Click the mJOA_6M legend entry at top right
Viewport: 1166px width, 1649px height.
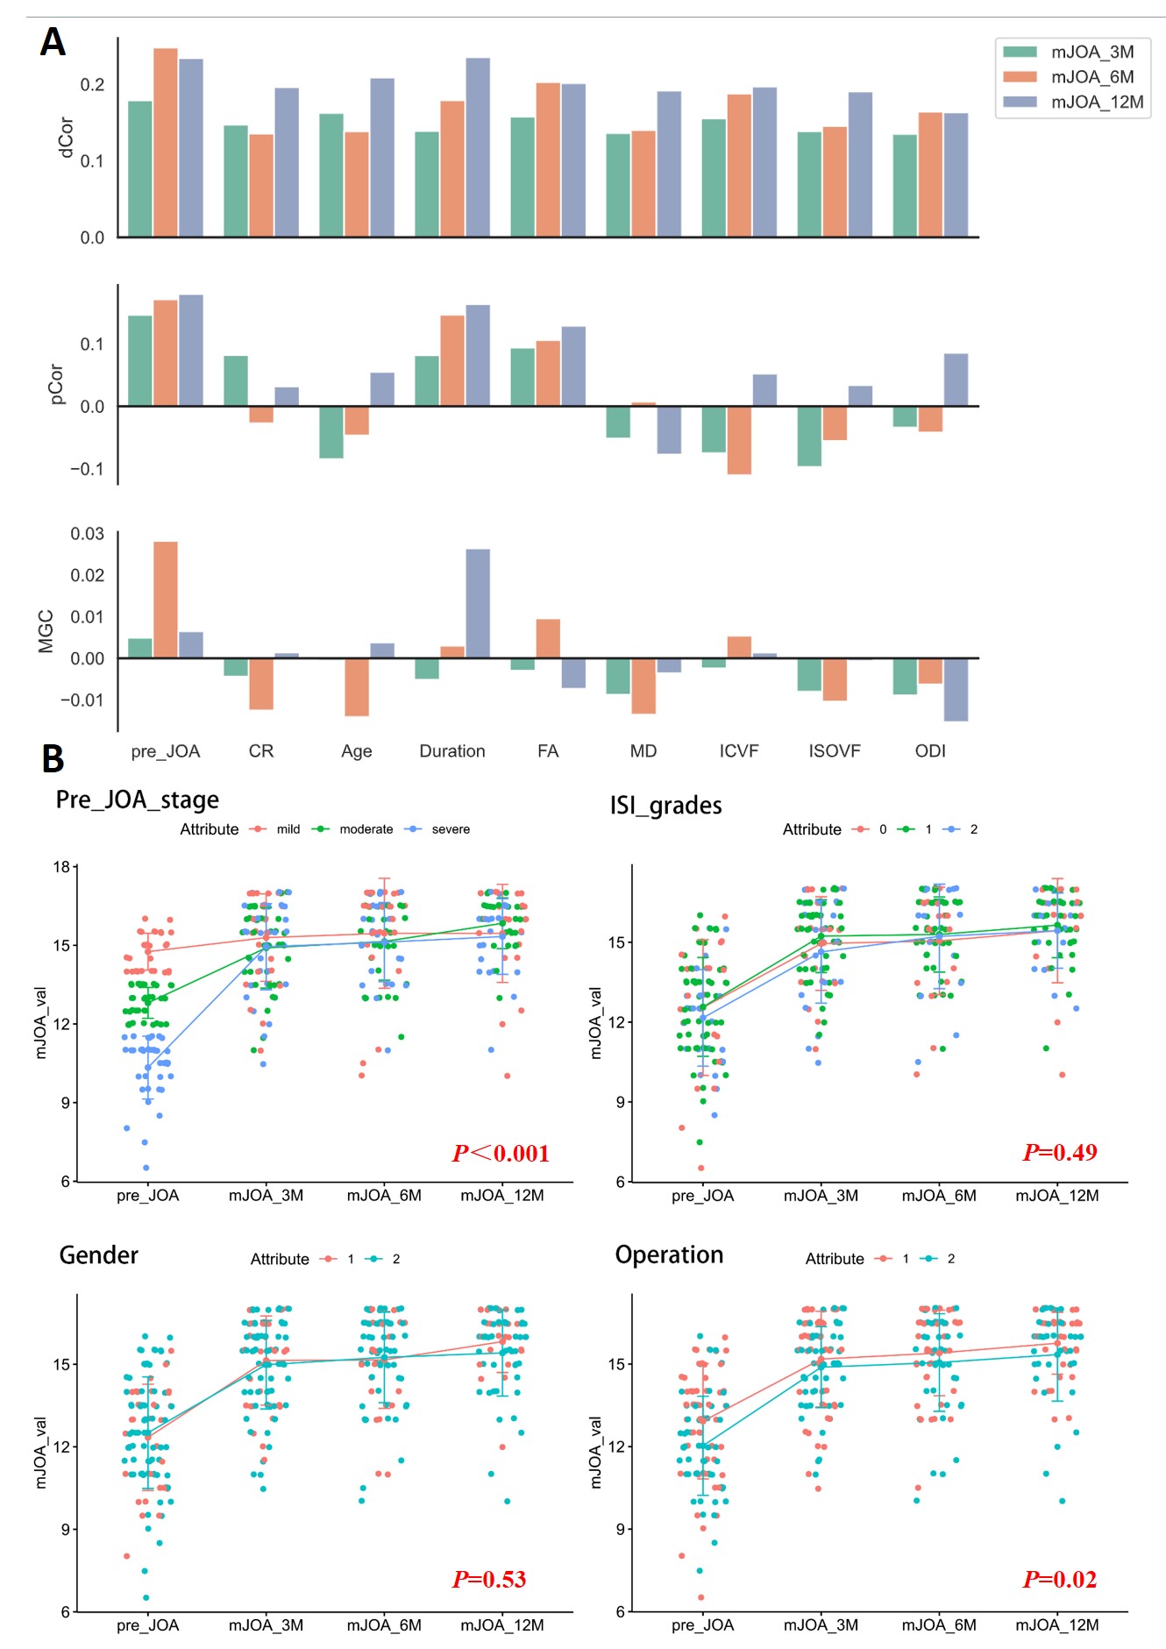(1091, 77)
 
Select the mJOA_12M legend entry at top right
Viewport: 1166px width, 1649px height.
(1096, 103)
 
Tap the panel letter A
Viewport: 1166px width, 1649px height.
(53, 42)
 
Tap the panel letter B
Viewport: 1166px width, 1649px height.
(53, 759)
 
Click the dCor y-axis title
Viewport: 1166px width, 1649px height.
(65, 138)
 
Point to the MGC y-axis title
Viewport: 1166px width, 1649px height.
(46, 631)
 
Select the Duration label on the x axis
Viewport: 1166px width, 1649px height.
(451, 751)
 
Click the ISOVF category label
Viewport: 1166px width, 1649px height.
(834, 751)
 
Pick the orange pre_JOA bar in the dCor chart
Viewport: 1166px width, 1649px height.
(166, 142)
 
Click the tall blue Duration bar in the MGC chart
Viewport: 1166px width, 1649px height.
(478, 603)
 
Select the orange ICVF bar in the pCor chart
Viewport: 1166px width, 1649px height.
(739, 440)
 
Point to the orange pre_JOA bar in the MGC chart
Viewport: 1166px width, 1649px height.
(166, 600)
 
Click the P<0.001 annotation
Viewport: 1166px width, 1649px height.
(501, 1153)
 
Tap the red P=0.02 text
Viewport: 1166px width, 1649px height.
(1059, 1579)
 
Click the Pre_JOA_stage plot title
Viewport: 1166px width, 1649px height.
(138, 800)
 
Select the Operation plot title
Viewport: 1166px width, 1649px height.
(669, 1255)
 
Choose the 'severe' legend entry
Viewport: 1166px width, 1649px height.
(450, 829)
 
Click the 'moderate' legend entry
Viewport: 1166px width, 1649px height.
(366, 829)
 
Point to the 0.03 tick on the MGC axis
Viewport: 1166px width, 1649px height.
(87, 534)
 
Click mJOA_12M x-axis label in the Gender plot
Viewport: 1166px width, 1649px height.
(501, 1625)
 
